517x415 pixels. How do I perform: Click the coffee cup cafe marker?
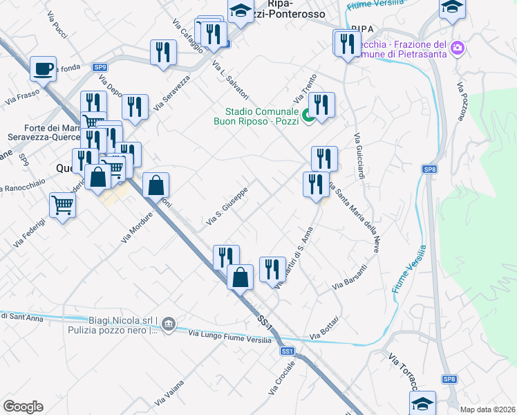tap(44, 68)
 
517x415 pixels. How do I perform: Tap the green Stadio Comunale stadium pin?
tap(309, 117)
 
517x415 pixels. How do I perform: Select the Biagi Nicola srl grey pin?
tap(170, 324)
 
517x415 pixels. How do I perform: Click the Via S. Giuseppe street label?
tap(227, 207)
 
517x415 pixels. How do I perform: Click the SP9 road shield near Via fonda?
tap(100, 67)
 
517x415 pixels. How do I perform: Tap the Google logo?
tap(23, 407)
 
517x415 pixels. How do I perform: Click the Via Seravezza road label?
tap(172, 95)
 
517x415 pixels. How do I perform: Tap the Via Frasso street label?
tap(21, 96)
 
